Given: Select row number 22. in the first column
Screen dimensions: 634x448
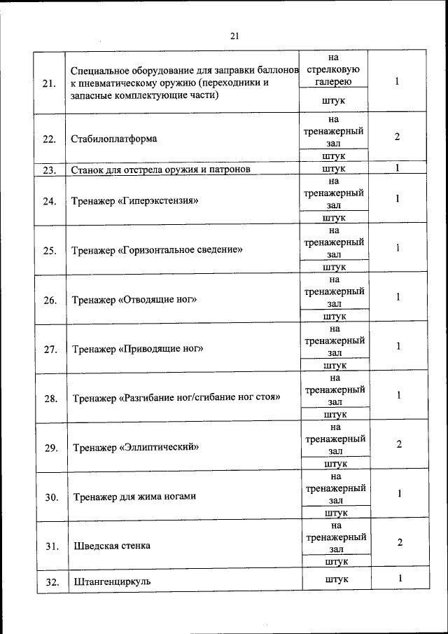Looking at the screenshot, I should (x=49, y=139).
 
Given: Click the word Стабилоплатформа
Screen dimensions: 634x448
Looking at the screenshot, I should (x=114, y=138).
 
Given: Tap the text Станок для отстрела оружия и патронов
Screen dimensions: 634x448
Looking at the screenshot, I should (x=161, y=169).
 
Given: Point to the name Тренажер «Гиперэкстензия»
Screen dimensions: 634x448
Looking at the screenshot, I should (x=136, y=201).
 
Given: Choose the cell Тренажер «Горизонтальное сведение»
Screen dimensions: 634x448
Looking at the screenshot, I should (x=157, y=249).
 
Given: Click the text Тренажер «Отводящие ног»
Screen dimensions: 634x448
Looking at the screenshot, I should (x=134, y=300).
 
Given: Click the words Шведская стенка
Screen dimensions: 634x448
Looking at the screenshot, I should (x=112, y=544).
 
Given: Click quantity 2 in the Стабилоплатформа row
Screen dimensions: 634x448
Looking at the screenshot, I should (x=397, y=136).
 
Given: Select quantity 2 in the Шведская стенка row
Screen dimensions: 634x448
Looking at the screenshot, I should (x=399, y=542).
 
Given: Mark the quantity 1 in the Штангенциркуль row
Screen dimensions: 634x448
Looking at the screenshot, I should (x=400, y=579).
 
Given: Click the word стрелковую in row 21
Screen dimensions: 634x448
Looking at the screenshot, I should (x=333, y=69).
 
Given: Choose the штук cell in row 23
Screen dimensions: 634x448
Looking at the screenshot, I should (x=335, y=169).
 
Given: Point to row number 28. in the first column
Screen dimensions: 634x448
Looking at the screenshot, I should (x=50, y=399).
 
